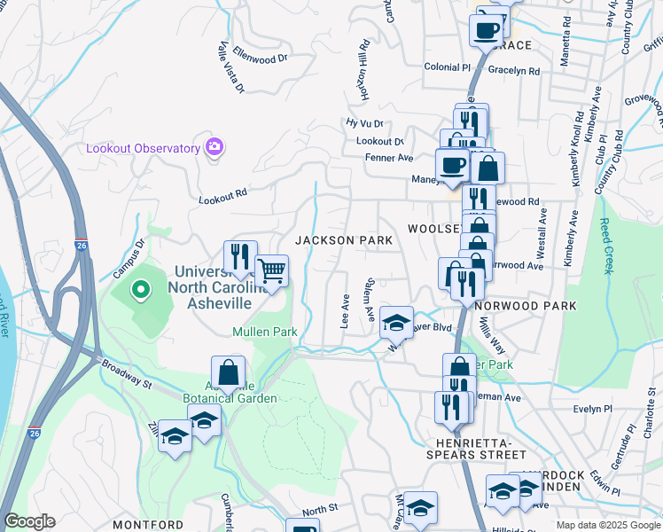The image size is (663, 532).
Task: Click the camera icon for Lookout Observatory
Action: click(x=214, y=146)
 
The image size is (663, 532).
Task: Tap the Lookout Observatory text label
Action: click(x=143, y=148)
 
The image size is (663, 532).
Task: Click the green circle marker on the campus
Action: click(x=140, y=290)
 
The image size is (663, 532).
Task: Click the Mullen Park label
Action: click(x=264, y=332)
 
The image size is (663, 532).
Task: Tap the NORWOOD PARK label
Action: click(x=525, y=306)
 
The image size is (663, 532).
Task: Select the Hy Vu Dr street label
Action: click(x=364, y=123)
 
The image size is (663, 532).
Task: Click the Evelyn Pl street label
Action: click(x=593, y=409)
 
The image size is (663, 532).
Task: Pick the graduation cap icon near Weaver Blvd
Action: click(x=396, y=320)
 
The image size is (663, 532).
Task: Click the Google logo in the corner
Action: click(x=29, y=521)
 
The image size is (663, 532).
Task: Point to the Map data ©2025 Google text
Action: click(x=607, y=525)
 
